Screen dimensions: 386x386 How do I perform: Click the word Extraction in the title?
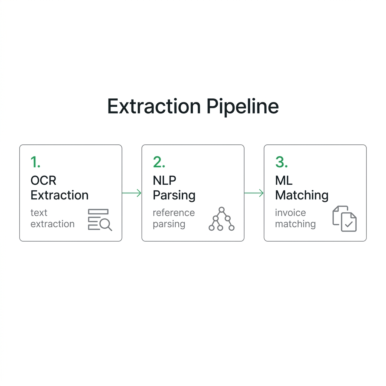click(154, 106)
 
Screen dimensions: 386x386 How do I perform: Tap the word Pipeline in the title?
click(242, 107)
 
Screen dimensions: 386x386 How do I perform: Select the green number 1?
click(35, 162)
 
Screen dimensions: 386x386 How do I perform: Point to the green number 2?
click(159, 162)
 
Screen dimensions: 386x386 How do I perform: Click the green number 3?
click(281, 162)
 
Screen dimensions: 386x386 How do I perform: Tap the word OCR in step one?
click(43, 181)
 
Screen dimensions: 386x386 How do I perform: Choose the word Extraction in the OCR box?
click(59, 195)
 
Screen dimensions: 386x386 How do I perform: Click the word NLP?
click(164, 181)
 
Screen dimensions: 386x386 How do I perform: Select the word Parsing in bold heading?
click(174, 196)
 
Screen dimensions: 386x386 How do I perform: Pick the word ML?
click(283, 181)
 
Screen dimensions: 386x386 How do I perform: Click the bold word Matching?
click(302, 196)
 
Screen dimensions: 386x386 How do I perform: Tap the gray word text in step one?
click(39, 213)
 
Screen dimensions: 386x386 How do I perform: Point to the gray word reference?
click(173, 213)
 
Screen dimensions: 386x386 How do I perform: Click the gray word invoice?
click(290, 213)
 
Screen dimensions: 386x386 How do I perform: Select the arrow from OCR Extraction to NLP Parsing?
click(132, 193)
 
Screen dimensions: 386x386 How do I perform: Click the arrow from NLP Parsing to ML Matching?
click(254, 193)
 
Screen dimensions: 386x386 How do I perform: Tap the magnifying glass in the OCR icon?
click(106, 225)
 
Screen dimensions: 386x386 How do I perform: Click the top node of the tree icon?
click(222, 210)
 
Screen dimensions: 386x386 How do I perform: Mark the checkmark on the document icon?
click(349, 224)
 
